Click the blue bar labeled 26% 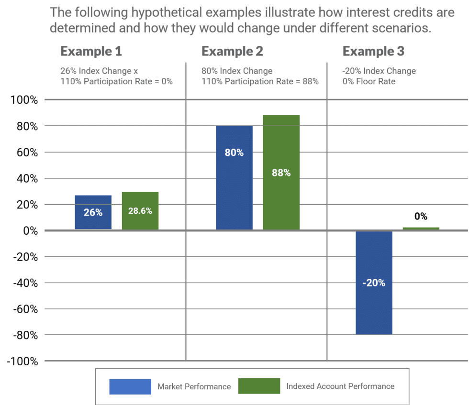click(x=93, y=212)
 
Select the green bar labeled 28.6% click(x=140, y=211)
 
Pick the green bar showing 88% click(x=281, y=173)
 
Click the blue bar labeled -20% click(x=374, y=283)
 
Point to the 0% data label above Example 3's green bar click(x=421, y=217)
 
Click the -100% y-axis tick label click(x=22, y=361)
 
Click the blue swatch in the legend click(x=130, y=386)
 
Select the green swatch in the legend click(x=259, y=386)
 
